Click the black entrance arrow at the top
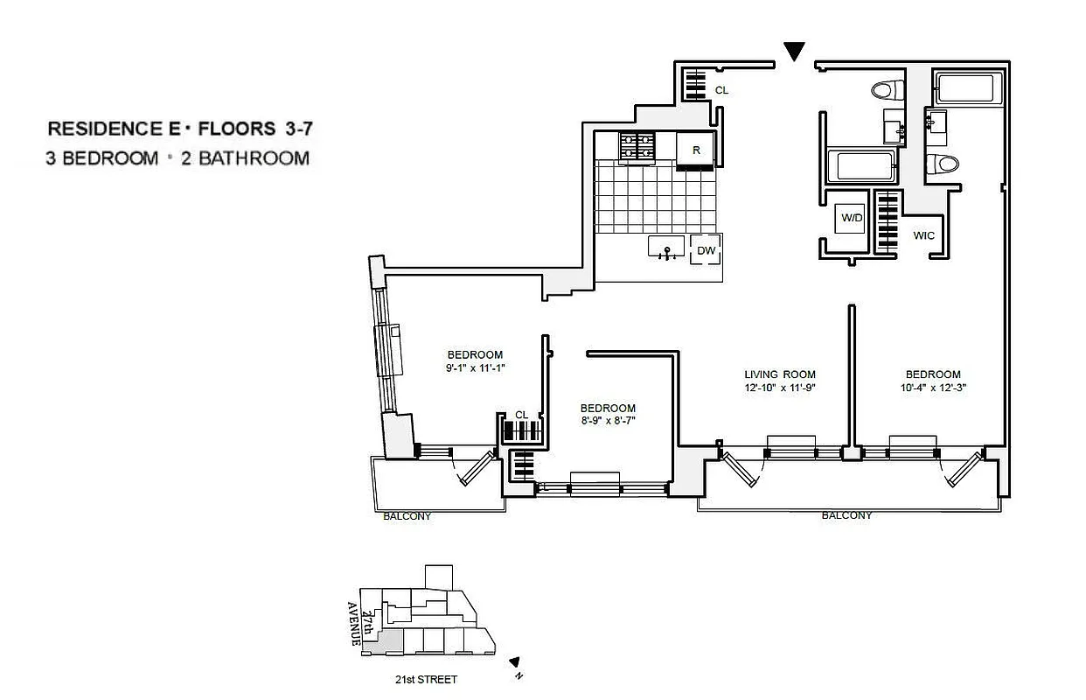tap(794, 52)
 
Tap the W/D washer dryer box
tap(851, 218)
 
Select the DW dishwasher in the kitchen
tap(707, 251)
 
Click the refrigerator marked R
tap(696, 150)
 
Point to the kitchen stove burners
tap(637, 146)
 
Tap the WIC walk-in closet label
tap(924, 235)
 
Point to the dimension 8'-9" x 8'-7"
tap(608, 421)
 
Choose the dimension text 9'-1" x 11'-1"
tap(475, 367)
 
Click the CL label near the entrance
tap(721, 89)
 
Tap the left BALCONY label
tap(407, 516)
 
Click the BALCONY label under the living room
tap(846, 516)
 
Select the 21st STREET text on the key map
tap(426, 679)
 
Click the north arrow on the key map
tap(515, 662)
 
